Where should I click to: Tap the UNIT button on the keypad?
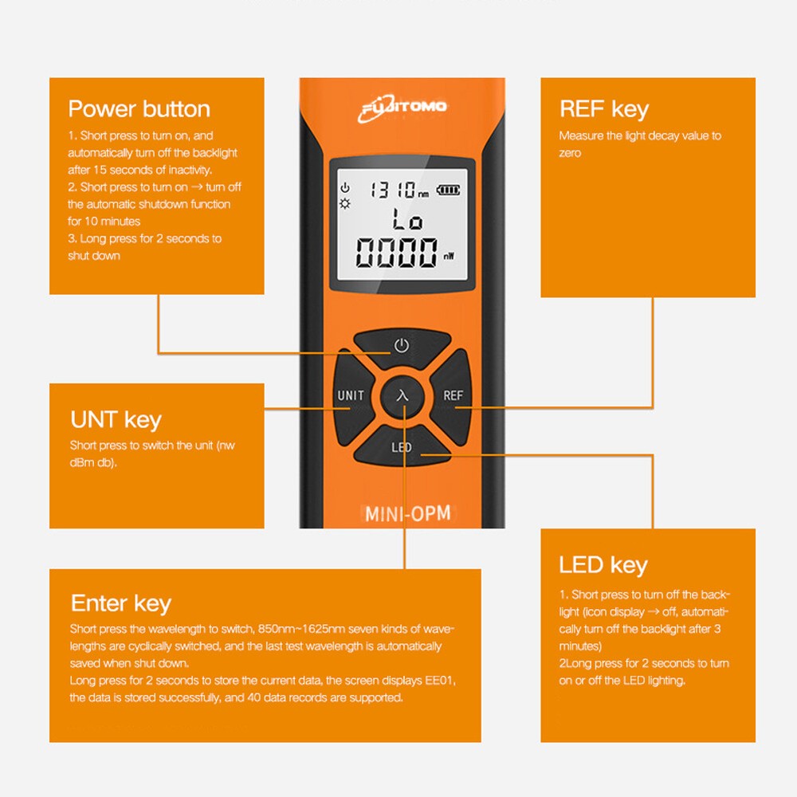(x=350, y=396)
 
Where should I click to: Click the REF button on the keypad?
(x=453, y=396)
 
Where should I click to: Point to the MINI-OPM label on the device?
(x=407, y=512)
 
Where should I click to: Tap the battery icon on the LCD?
(x=448, y=190)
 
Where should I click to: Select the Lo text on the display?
(x=407, y=219)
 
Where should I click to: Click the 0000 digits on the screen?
(x=396, y=253)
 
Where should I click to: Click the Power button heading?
(x=139, y=109)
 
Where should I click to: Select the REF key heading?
(x=603, y=109)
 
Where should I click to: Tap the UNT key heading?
(x=116, y=420)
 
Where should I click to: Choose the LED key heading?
(x=603, y=565)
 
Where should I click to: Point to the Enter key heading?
(x=120, y=603)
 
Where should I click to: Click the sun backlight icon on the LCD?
(x=345, y=203)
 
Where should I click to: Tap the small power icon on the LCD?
(x=345, y=188)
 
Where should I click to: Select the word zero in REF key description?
(x=570, y=153)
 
